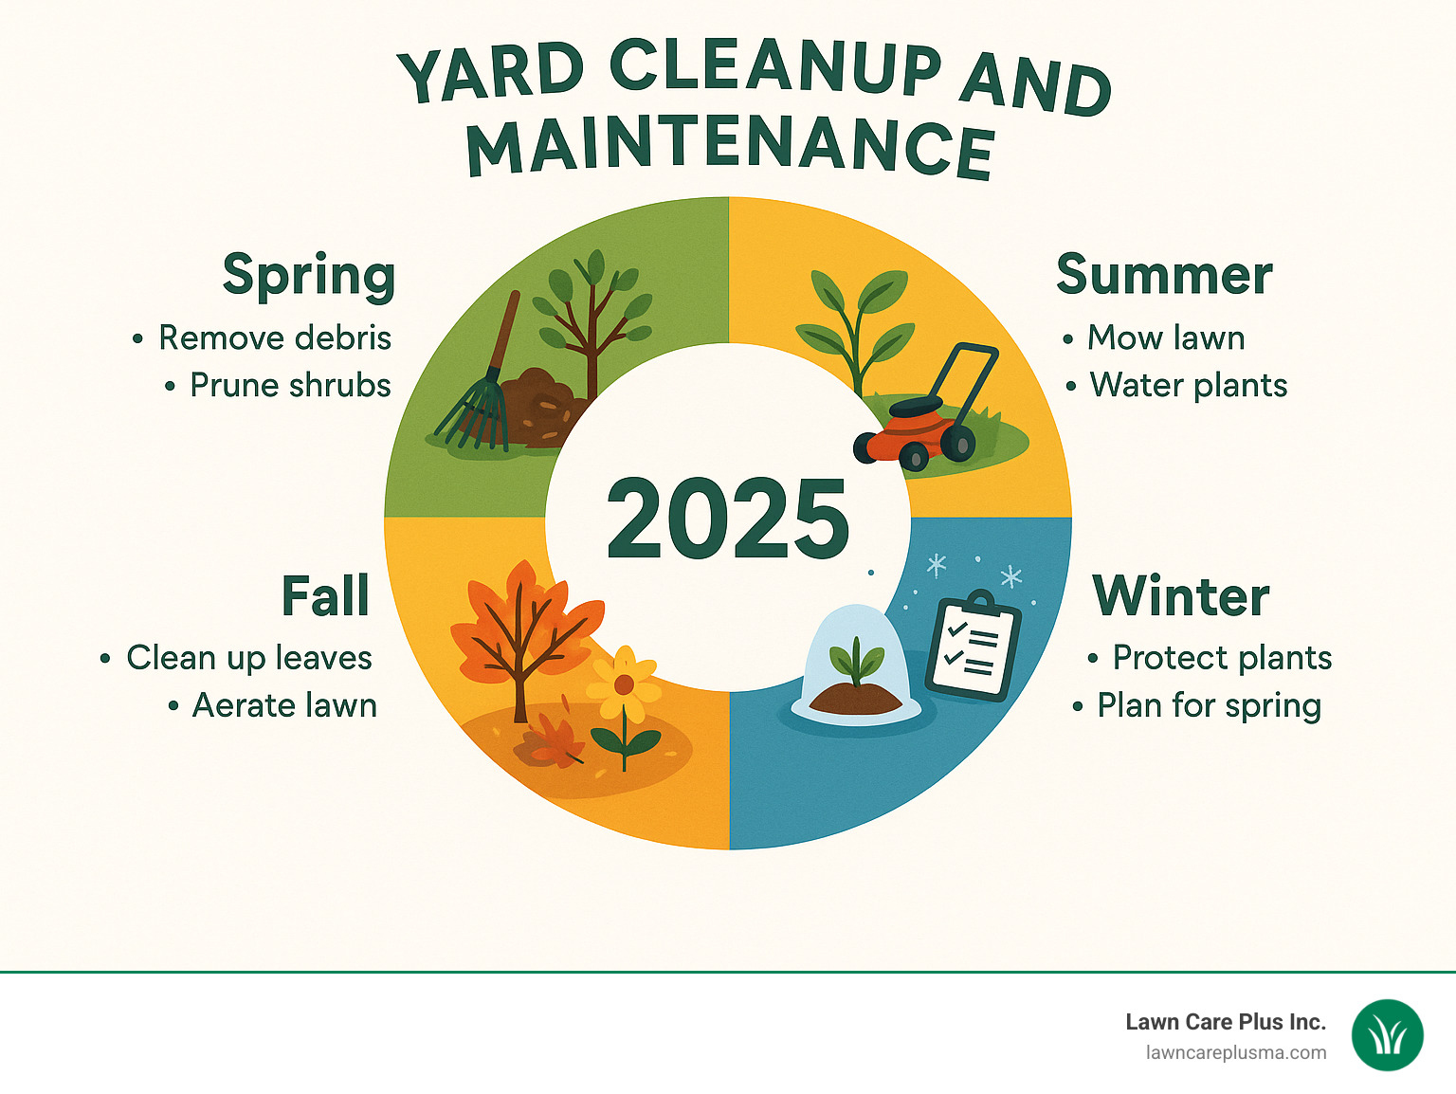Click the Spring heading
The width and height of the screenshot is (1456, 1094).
[308, 276]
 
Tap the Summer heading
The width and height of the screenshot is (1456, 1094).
[1164, 276]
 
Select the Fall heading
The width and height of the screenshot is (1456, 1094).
[325, 596]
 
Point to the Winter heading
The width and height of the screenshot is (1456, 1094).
[1180, 596]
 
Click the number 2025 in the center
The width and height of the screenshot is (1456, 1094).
[728, 520]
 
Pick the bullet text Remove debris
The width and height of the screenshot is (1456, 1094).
[275, 338]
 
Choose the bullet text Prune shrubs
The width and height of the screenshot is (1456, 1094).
[290, 386]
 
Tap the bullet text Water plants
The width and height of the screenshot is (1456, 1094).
[1189, 386]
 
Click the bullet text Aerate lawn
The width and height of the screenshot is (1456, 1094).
[284, 706]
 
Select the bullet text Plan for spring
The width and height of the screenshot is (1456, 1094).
[1209, 706]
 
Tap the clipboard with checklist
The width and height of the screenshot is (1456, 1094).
[973, 647]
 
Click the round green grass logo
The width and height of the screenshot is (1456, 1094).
[1388, 1036]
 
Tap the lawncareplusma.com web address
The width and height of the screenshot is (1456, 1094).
[1236, 1053]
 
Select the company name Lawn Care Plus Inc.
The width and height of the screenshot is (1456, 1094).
[1225, 1022]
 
